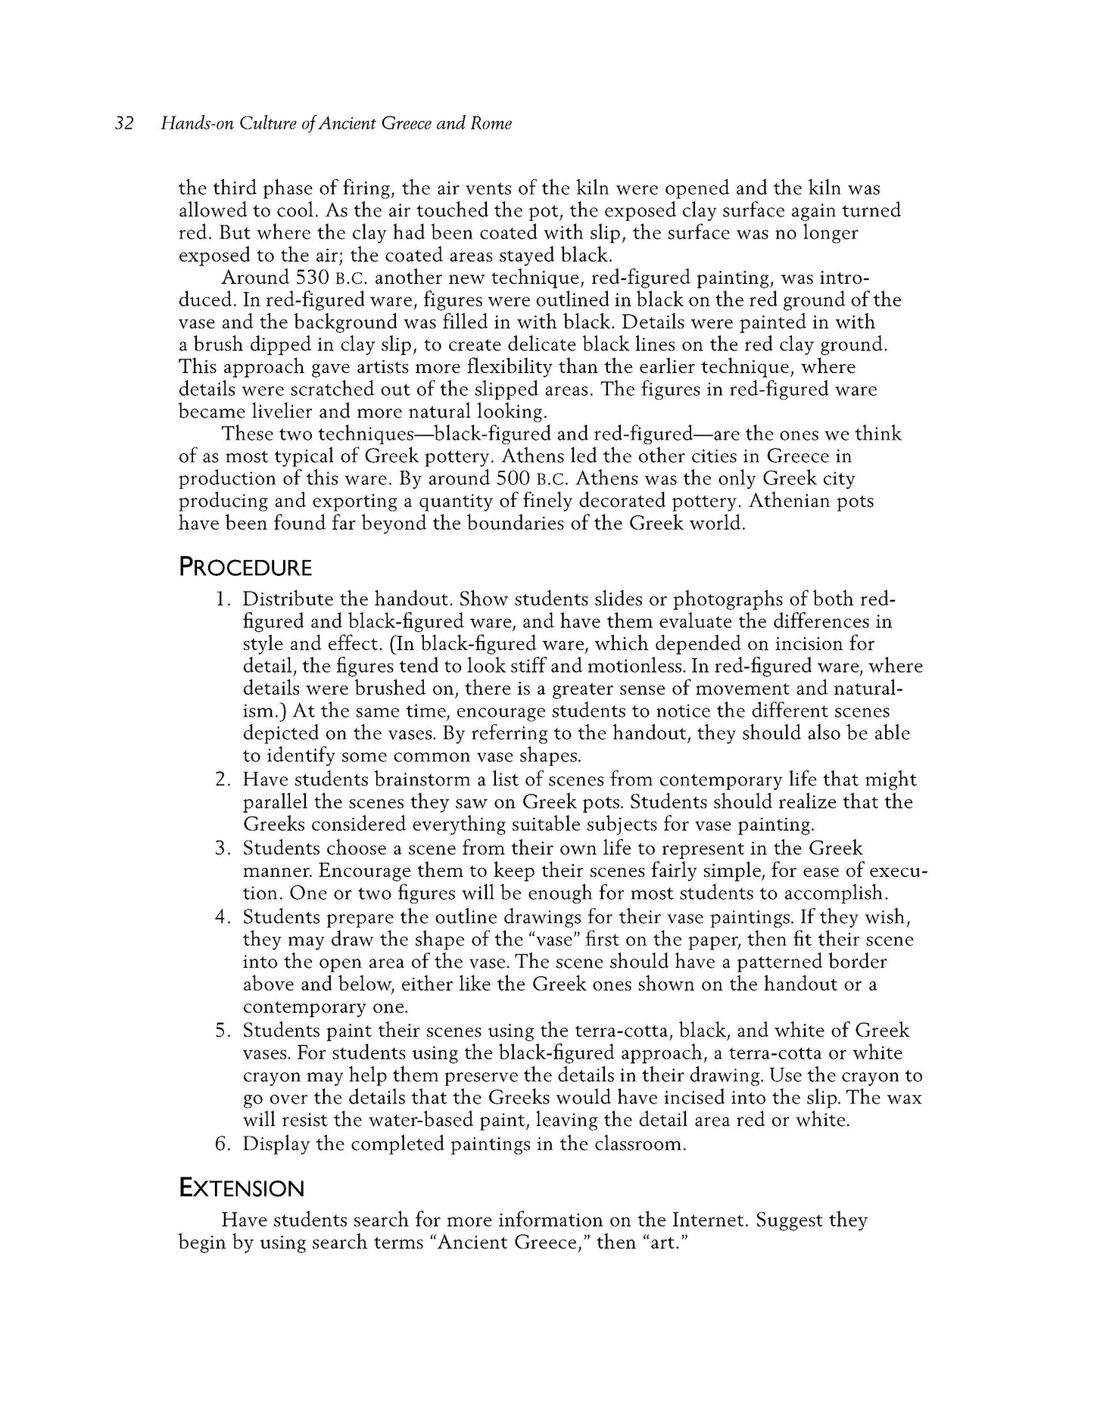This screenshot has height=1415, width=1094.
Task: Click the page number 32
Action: tap(124, 123)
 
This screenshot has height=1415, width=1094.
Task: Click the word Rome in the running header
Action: tap(491, 123)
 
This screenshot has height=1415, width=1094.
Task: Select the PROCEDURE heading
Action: tap(245, 568)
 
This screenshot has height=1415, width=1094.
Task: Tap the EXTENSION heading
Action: tap(241, 1188)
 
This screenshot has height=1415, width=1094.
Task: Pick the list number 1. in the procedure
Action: tap(222, 599)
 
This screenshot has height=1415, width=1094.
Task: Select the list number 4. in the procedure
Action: tap(222, 917)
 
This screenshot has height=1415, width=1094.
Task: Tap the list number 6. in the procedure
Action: tap(222, 1143)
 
